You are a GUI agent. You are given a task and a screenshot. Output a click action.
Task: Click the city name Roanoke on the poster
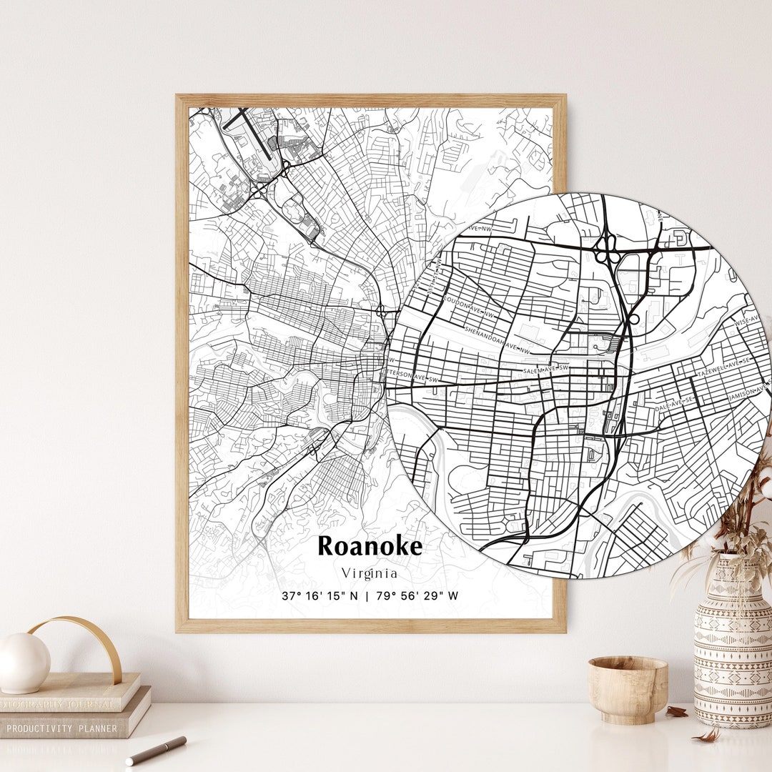point(370,546)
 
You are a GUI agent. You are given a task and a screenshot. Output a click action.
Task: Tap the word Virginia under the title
point(370,573)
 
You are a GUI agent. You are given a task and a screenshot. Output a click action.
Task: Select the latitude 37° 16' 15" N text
point(320,595)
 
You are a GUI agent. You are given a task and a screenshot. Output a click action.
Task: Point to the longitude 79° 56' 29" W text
point(417,595)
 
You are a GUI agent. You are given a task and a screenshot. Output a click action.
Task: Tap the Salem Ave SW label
point(546,369)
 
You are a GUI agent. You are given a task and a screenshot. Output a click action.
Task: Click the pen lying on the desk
point(156,750)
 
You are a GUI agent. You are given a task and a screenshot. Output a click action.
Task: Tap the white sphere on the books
point(24,663)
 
